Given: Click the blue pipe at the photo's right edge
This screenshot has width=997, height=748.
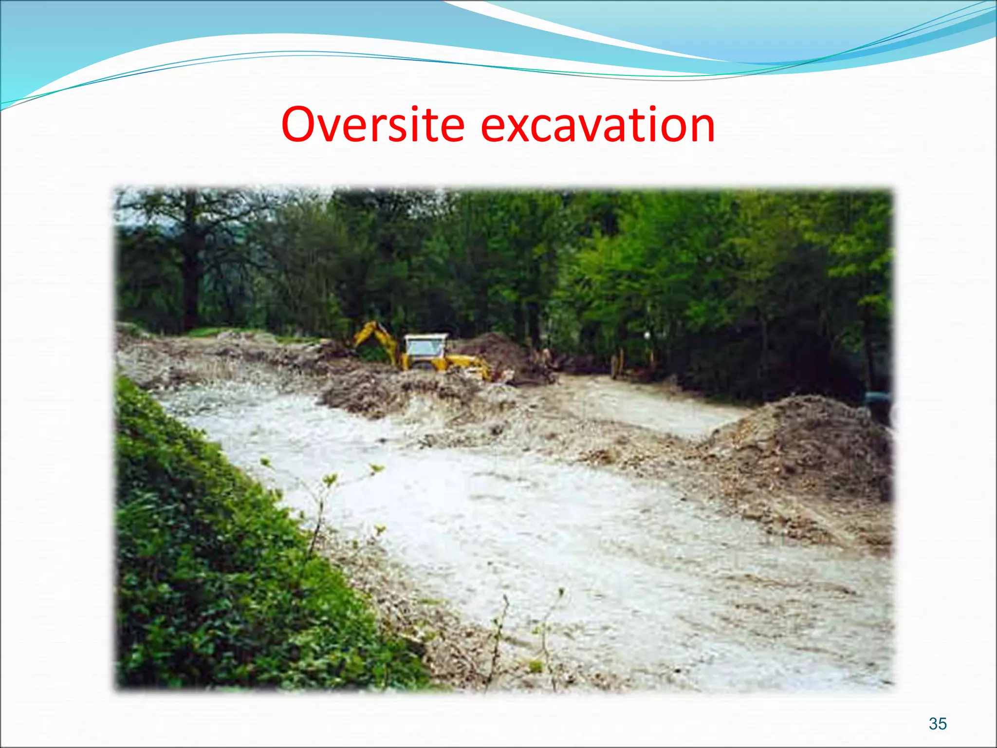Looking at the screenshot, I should click(879, 398).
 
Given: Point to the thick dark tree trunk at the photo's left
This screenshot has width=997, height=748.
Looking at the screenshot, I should click(191, 273).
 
